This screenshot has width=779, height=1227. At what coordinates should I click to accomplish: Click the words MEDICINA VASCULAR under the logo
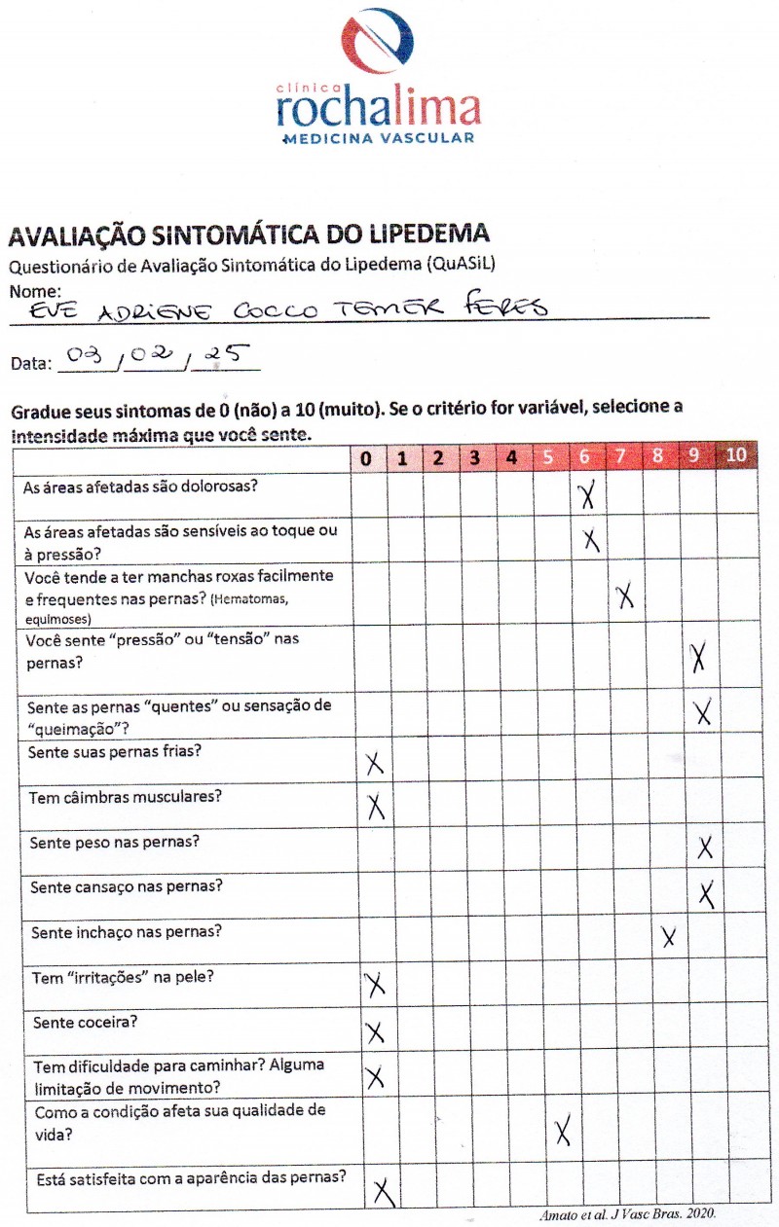click(x=378, y=139)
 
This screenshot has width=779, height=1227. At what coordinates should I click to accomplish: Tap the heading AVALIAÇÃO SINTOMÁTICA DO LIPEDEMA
click(x=248, y=235)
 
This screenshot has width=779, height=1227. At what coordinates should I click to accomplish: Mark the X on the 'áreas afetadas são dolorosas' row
click(x=586, y=495)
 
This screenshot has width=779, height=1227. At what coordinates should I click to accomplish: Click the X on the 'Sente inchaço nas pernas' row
click(x=668, y=937)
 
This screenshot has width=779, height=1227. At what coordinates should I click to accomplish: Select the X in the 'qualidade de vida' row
click(x=562, y=1131)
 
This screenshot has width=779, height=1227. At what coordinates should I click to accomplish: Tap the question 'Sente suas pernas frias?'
click(x=116, y=752)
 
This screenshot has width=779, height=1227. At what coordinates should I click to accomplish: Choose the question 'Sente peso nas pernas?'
click(x=115, y=842)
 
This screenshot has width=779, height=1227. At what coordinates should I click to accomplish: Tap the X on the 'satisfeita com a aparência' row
click(x=384, y=1190)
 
